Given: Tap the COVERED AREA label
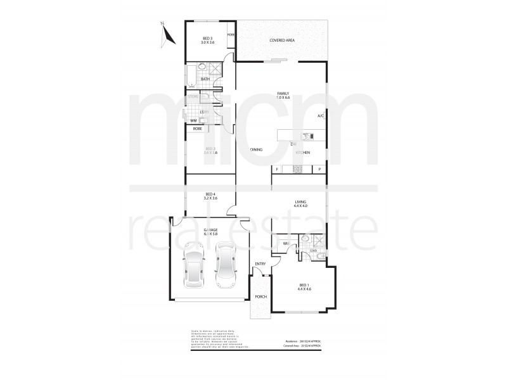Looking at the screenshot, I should pyautogui.click(x=282, y=41).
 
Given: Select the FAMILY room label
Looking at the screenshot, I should pyautogui.click(x=283, y=93).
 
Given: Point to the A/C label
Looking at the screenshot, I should pyautogui.click(x=321, y=117).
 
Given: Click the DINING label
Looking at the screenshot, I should pyautogui.click(x=256, y=149).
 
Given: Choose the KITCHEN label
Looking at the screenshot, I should pyautogui.click(x=303, y=153).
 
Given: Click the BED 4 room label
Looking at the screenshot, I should pyautogui.click(x=211, y=194).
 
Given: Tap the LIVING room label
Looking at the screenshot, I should pyautogui.click(x=300, y=202).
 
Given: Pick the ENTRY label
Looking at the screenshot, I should pyautogui.click(x=260, y=263).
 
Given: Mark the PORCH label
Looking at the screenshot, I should pyautogui.click(x=260, y=296).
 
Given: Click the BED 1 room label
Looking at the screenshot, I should pyautogui.click(x=304, y=286).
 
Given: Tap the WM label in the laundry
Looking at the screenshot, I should pyautogui.click(x=193, y=120).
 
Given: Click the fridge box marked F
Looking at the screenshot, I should pyautogui.click(x=277, y=169).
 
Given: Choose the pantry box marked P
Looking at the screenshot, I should pyautogui.click(x=320, y=169).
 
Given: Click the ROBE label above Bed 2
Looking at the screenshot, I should pyautogui.click(x=197, y=129).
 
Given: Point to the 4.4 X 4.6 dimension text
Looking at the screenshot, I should pyautogui.click(x=304, y=290).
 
